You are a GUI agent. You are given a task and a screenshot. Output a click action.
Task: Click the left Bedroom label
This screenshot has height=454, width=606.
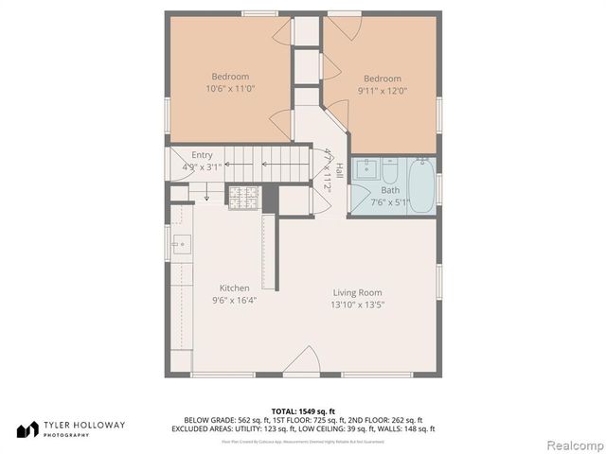230,77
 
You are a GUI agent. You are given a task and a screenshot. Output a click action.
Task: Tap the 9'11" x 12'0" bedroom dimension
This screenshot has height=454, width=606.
382,91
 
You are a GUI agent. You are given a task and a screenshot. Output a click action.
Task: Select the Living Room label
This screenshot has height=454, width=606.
357,292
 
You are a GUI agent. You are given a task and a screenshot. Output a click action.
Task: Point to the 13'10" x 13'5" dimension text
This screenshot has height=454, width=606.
357,305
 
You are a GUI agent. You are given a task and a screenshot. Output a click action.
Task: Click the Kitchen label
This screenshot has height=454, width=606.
235,288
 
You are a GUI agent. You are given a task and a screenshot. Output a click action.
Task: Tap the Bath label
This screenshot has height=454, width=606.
390,190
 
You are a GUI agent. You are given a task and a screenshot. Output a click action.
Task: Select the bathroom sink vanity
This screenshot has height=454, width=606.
365,173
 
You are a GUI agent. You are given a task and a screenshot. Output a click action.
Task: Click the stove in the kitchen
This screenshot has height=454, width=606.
243,198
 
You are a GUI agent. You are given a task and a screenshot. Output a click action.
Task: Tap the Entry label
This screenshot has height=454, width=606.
202,155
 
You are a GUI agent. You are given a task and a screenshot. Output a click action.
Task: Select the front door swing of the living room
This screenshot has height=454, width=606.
302,361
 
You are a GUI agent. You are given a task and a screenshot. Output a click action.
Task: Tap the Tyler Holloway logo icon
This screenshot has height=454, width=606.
27,428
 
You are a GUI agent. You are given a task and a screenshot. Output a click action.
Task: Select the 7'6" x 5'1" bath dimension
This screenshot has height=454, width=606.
390,201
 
